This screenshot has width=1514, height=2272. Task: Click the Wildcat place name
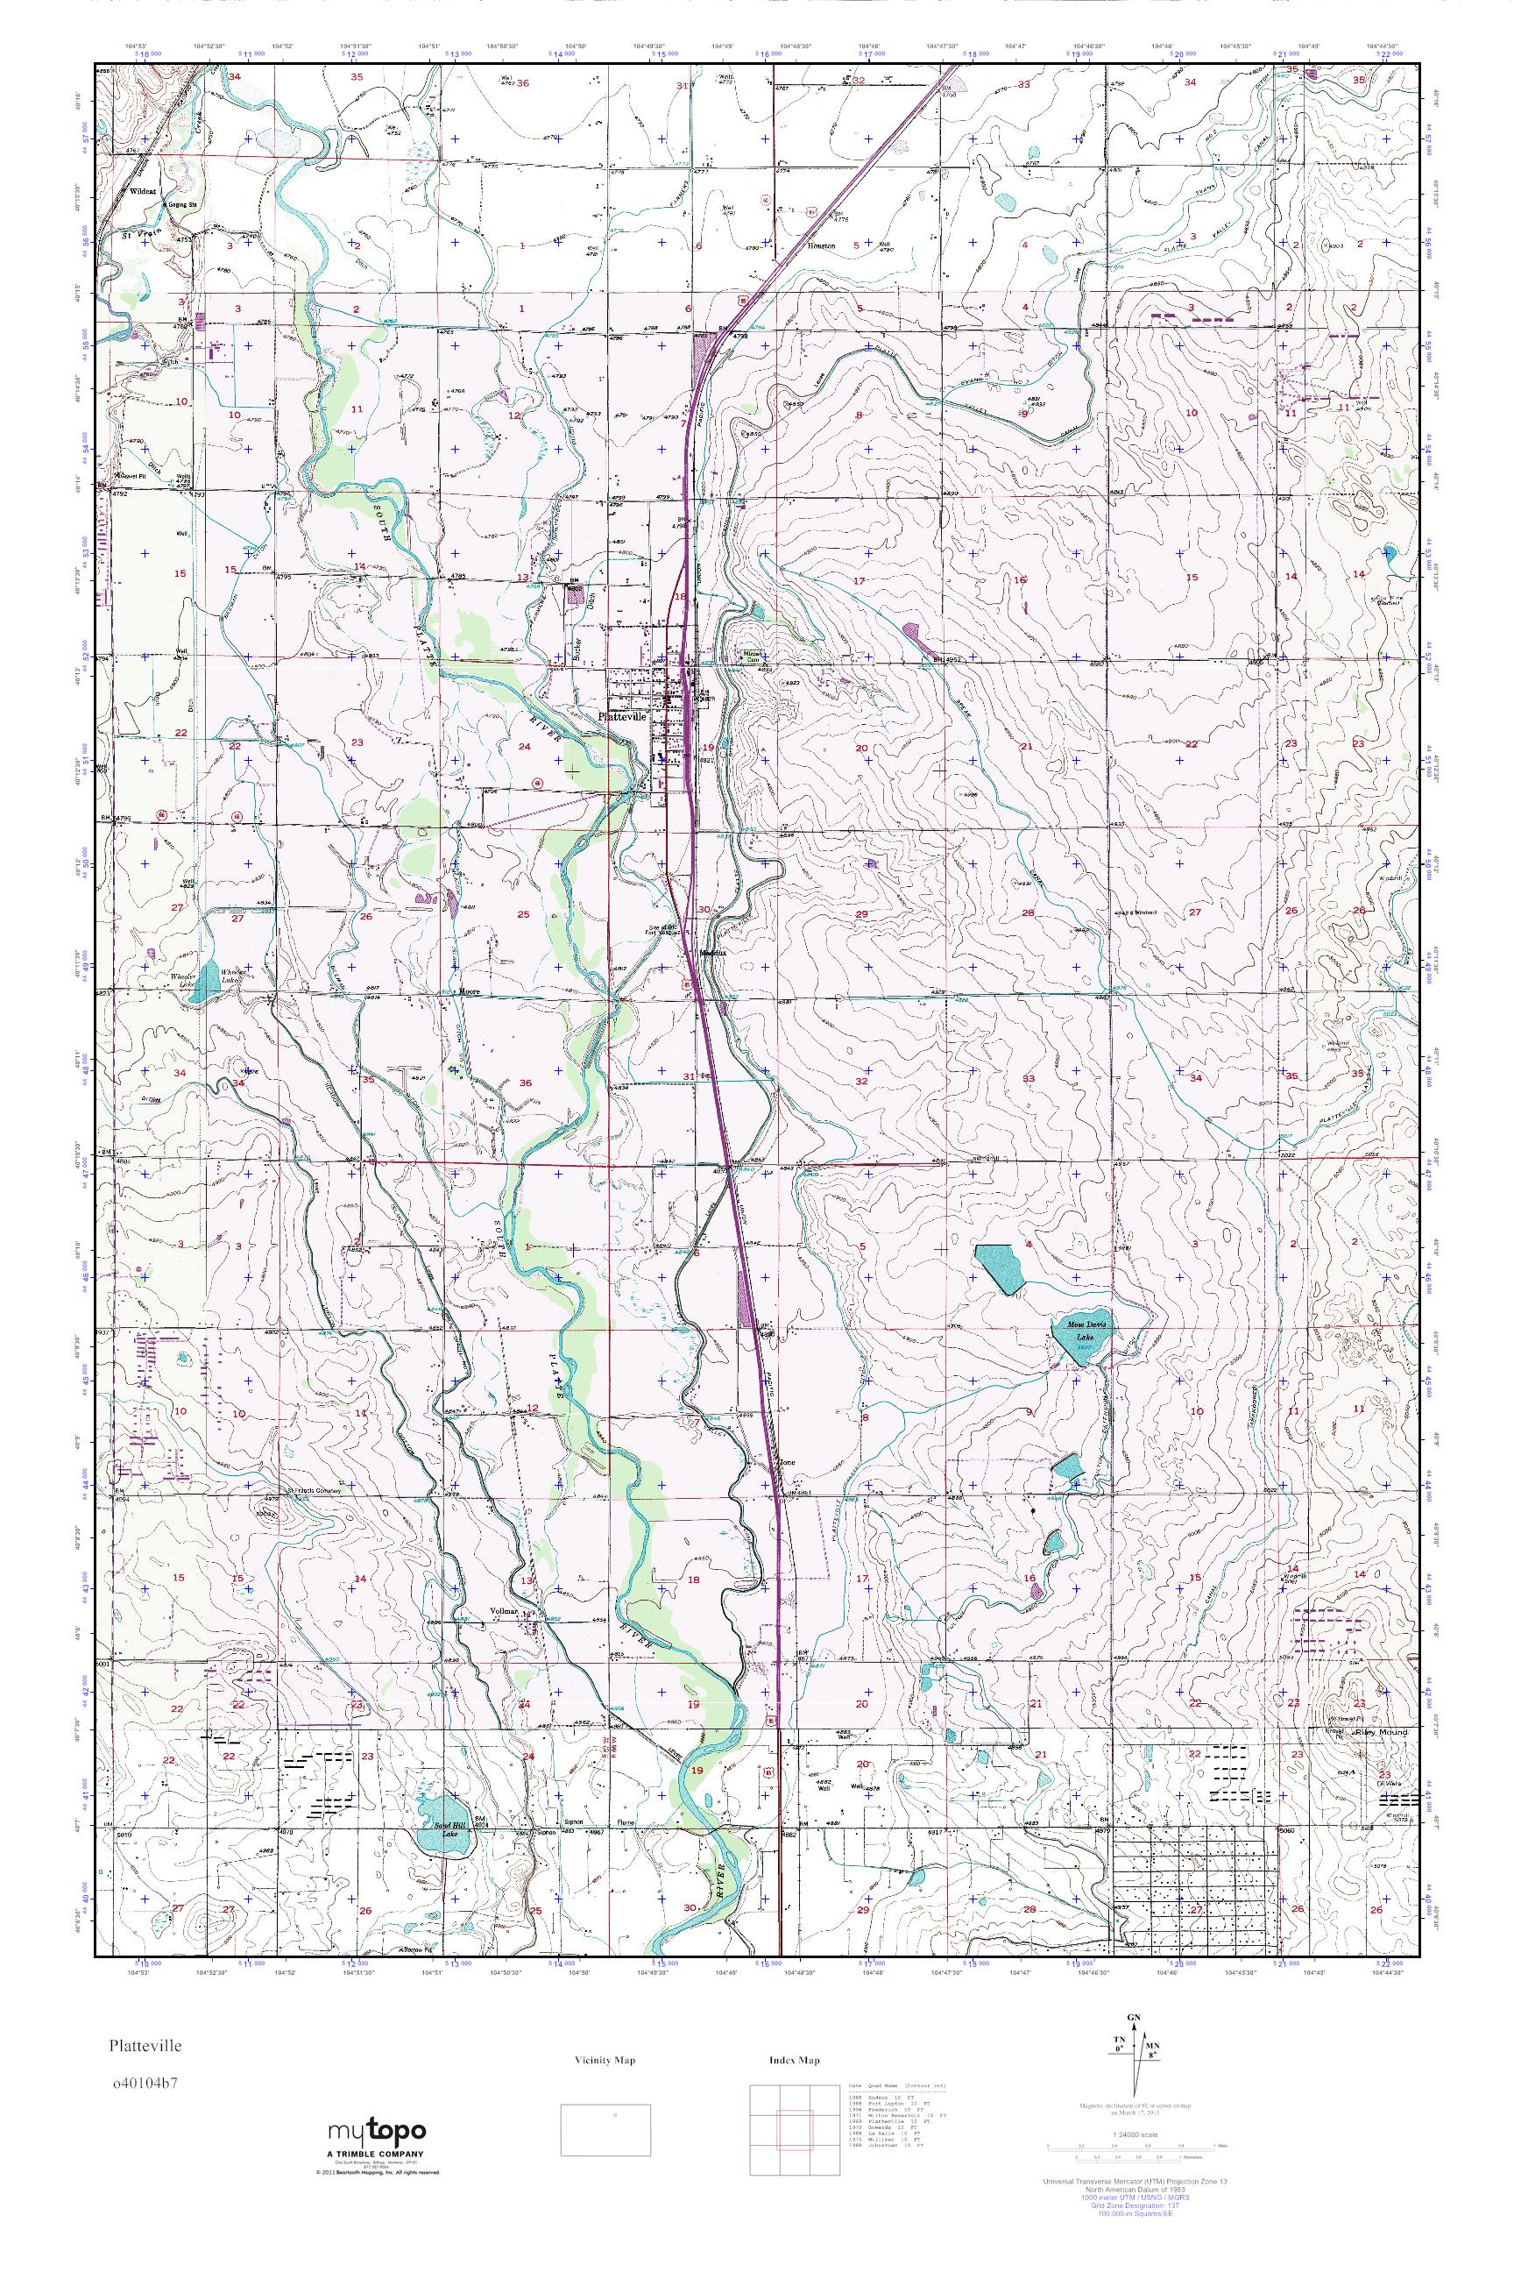(x=142, y=191)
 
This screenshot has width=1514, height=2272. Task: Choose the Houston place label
(x=821, y=245)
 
